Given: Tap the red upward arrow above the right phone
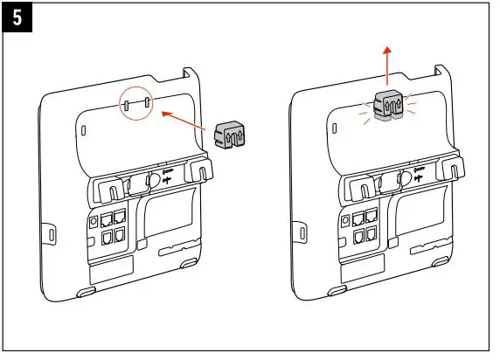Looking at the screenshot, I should click(x=387, y=66).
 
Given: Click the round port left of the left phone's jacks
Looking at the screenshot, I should click(x=93, y=221).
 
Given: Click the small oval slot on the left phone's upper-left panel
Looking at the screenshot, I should click(x=83, y=130).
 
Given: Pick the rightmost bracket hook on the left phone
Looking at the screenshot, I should click(x=203, y=171).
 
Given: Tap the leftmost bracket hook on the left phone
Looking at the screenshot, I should click(x=103, y=187).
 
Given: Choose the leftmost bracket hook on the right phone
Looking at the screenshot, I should click(x=357, y=186).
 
